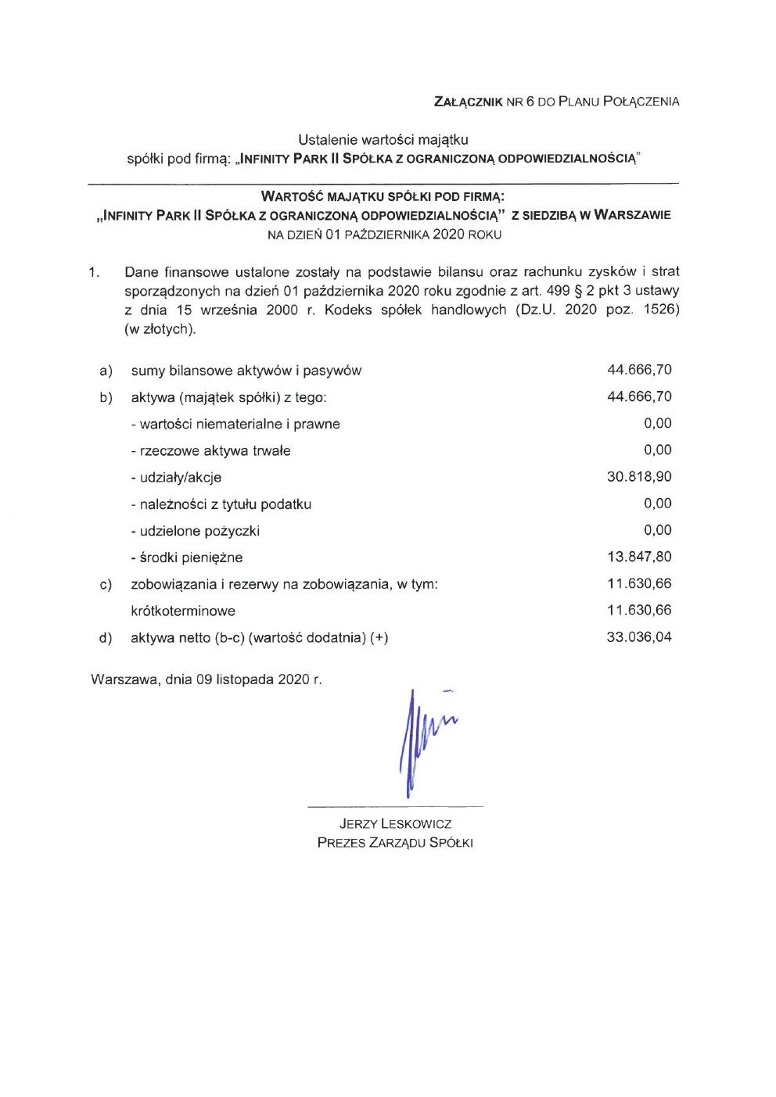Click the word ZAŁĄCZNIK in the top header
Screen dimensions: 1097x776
click(x=468, y=102)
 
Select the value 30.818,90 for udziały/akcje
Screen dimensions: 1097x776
click(x=639, y=477)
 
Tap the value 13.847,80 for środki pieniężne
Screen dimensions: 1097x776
click(x=639, y=557)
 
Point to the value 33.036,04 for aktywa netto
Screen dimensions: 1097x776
click(x=639, y=637)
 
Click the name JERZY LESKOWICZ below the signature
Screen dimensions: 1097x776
click(x=395, y=824)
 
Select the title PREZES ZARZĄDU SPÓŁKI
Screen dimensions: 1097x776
click(x=395, y=843)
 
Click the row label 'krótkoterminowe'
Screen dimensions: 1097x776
click(x=183, y=611)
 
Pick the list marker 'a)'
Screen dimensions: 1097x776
click(x=106, y=371)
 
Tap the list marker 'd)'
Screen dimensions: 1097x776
click(x=106, y=638)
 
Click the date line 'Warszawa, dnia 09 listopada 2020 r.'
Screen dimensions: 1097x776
click(x=207, y=679)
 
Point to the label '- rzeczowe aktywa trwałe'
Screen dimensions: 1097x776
click(x=210, y=451)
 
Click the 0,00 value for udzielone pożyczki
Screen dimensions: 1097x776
click(x=657, y=530)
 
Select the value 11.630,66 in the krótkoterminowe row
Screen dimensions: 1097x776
click(x=639, y=611)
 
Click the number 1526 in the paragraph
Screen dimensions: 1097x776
click(x=661, y=310)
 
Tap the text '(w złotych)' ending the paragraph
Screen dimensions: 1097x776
click(x=160, y=329)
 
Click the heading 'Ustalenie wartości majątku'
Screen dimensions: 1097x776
click(x=383, y=140)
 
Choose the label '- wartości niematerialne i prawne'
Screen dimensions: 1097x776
click(x=235, y=425)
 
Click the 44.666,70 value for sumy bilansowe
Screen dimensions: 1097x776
click(x=639, y=370)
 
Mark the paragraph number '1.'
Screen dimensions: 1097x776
click(x=94, y=272)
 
